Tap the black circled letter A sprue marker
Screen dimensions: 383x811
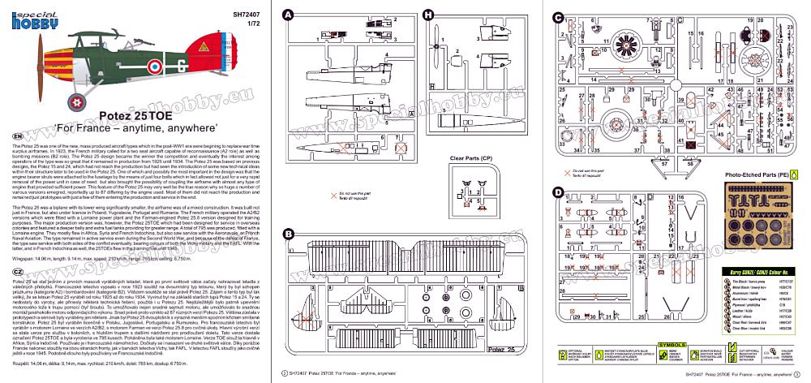tap(288, 15)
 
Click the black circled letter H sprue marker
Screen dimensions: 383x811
tap(428, 15)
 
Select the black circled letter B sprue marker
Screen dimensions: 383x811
tap(288, 234)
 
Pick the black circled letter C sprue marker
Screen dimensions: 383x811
tap(557, 16)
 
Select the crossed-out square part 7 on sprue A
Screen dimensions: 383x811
tap(400, 147)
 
